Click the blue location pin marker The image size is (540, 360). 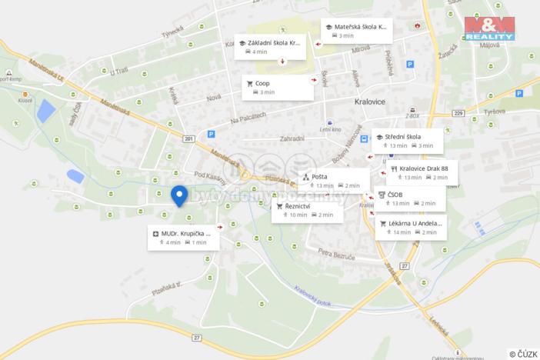point(179,195)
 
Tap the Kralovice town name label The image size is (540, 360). point(354,102)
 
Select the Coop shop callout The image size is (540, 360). point(278,87)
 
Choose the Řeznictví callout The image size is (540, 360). point(306,210)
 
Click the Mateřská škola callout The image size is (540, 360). point(356,31)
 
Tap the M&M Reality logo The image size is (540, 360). point(489,28)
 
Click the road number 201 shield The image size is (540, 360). point(189,138)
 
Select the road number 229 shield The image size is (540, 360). point(459,114)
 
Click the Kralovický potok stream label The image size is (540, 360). point(312,298)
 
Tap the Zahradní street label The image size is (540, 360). point(292,138)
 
